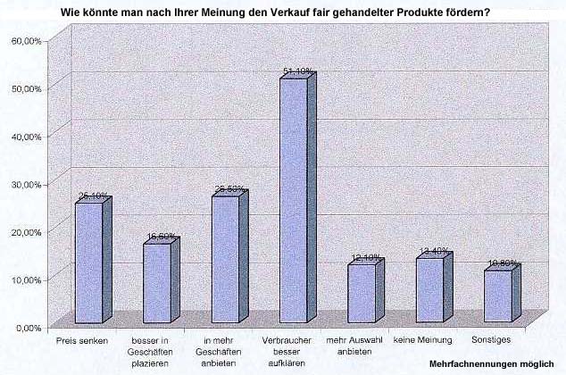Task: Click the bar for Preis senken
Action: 88,263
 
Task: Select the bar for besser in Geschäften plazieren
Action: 157,283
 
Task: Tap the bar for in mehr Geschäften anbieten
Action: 225,259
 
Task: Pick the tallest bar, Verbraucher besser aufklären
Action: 294,202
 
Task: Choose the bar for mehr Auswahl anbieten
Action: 362,294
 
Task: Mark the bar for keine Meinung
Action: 430,291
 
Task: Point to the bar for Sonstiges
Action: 498,296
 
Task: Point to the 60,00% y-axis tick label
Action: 26,41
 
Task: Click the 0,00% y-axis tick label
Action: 29,328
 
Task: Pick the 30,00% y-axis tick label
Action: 26,184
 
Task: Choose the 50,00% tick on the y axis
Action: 26,88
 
